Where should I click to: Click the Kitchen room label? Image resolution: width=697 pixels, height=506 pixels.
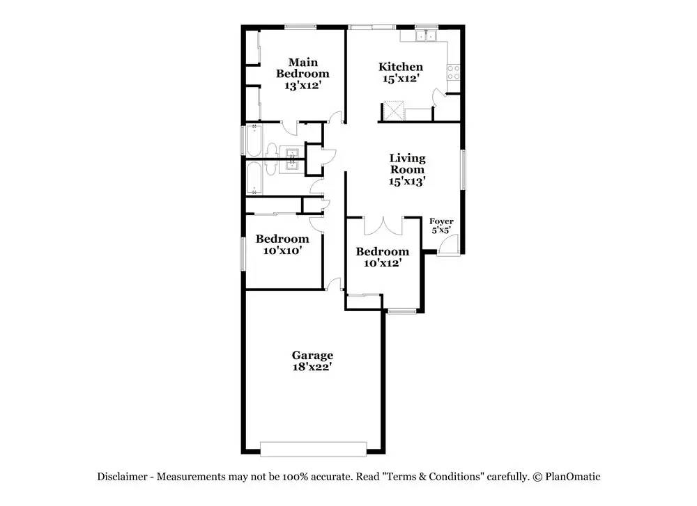[x=401, y=67]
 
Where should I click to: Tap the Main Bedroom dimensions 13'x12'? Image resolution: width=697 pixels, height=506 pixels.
[x=302, y=85]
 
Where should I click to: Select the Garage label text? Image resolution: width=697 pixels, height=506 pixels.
[x=312, y=355]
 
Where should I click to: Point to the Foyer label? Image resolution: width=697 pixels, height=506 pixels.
[x=441, y=221]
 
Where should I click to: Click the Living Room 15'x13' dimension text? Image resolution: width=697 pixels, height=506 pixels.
[x=407, y=181]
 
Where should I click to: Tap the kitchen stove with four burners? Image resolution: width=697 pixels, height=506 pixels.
[x=454, y=72]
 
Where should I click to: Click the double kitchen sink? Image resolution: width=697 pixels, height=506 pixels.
[x=427, y=35]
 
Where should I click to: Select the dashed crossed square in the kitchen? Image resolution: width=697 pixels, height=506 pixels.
[x=393, y=111]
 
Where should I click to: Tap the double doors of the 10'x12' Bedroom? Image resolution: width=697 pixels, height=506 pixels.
[x=383, y=226]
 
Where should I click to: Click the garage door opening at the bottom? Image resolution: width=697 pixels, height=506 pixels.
[x=314, y=449]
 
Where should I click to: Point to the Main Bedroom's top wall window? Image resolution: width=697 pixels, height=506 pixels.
[x=300, y=26]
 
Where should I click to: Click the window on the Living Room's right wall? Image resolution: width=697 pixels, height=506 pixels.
[x=463, y=170]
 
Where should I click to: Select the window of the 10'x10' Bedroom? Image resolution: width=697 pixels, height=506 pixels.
[x=243, y=254]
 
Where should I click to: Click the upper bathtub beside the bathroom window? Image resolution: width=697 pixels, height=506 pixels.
[x=254, y=141]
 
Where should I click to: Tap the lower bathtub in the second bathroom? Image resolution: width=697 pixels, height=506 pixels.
[x=254, y=178]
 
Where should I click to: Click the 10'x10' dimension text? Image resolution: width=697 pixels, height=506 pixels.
[x=283, y=251]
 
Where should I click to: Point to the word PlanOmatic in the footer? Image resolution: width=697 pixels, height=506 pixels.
[x=572, y=477]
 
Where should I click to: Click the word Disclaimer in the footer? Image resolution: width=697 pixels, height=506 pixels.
[x=122, y=477]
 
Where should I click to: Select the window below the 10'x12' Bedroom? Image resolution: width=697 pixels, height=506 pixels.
[x=402, y=312]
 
